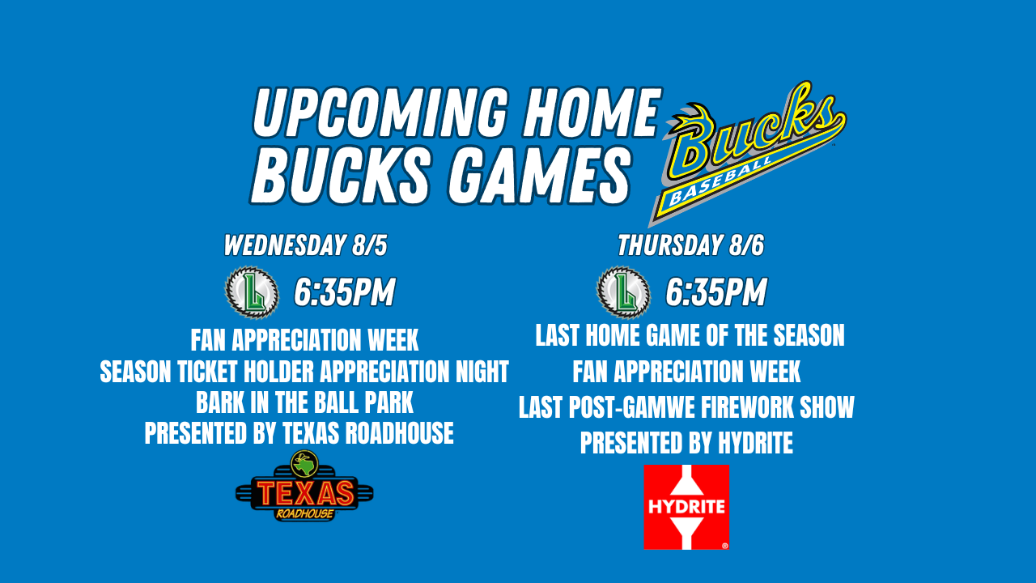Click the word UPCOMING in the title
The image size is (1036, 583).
(x=380, y=113)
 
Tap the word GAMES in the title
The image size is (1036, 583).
(x=539, y=176)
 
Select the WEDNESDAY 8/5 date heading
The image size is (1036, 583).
(x=305, y=245)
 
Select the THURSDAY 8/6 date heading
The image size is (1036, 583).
(x=691, y=245)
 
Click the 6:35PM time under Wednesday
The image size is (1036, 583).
(x=345, y=292)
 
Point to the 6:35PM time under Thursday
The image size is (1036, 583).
(x=716, y=292)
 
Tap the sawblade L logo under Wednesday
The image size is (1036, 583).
(x=252, y=292)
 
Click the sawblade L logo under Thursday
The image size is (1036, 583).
(x=623, y=292)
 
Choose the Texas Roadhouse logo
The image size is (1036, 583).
(x=304, y=487)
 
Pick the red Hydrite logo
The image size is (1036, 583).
(x=686, y=507)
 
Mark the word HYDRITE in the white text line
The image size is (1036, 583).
(x=755, y=442)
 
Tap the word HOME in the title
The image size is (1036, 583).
(x=590, y=113)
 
